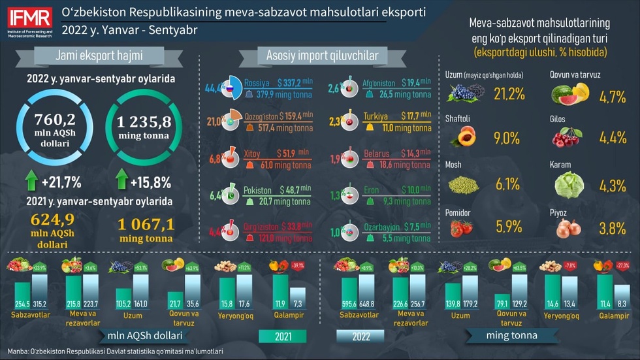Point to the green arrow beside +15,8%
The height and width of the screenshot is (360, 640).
121,180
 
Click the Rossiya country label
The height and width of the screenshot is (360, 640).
257,84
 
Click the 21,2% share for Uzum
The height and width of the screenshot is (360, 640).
509,93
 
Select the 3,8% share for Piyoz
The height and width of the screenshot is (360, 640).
613,229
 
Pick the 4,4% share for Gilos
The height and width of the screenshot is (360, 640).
613,139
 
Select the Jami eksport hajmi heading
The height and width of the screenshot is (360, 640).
100,56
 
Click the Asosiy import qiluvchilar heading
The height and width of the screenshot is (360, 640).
322,56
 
